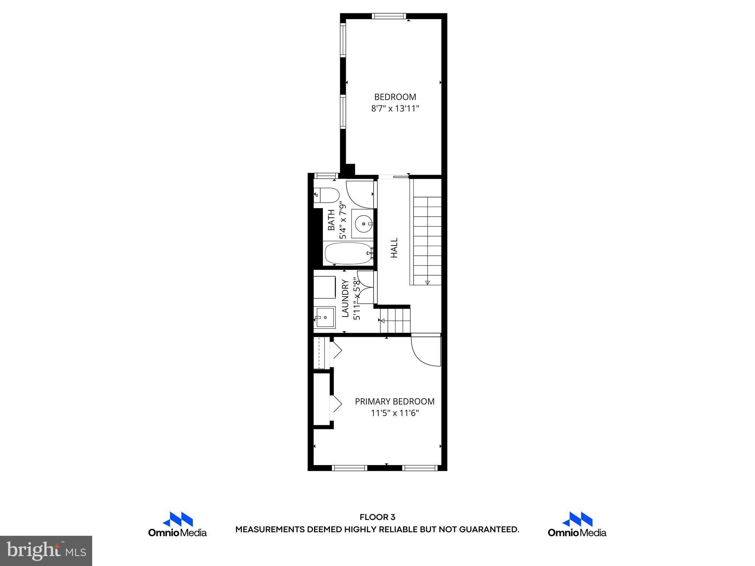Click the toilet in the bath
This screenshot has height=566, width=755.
(327, 195)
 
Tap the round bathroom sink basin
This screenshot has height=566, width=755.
(363, 224)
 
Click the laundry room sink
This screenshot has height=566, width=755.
(325, 317)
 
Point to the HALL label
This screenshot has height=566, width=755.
(394, 248)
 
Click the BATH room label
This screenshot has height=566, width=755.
(331, 220)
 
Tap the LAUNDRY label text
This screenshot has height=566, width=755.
(345, 298)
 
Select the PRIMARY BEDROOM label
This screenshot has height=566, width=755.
(394, 401)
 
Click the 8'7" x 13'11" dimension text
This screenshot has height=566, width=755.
(395, 109)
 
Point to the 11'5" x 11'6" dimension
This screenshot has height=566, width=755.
(395, 413)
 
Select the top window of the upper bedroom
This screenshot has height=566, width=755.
(389, 16)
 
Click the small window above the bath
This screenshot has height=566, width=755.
(325, 176)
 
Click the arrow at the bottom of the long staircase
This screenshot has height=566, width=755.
(427, 282)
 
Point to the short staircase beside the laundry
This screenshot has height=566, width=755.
(396, 320)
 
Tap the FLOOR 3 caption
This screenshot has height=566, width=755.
(377, 517)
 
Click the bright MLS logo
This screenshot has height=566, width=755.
(46, 550)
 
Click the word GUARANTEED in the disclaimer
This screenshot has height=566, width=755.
(488, 530)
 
